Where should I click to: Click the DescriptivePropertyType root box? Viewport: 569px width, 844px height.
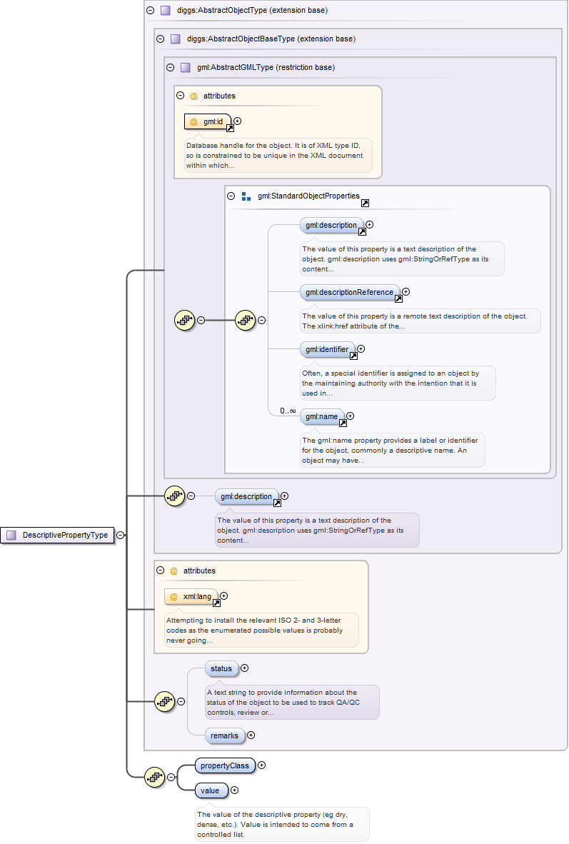click(58, 535)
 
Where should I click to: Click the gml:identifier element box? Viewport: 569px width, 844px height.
click(327, 350)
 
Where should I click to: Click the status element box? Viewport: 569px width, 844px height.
click(221, 668)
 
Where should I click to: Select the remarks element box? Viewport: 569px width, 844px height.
click(224, 735)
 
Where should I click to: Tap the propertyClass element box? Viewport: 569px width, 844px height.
click(224, 765)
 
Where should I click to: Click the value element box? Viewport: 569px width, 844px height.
click(211, 790)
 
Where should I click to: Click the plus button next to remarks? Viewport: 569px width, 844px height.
click(251, 735)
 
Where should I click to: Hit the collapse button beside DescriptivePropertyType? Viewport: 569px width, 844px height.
click(121, 535)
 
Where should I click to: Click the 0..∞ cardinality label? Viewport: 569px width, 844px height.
click(288, 411)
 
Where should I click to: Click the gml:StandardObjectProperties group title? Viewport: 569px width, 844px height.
click(308, 196)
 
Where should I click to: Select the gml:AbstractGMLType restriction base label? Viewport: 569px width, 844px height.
click(266, 68)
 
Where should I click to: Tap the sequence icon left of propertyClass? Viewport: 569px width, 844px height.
click(155, 778)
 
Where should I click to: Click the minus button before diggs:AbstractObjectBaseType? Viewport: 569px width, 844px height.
click(160, 39)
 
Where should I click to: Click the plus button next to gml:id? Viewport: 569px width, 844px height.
click(237, 121)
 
